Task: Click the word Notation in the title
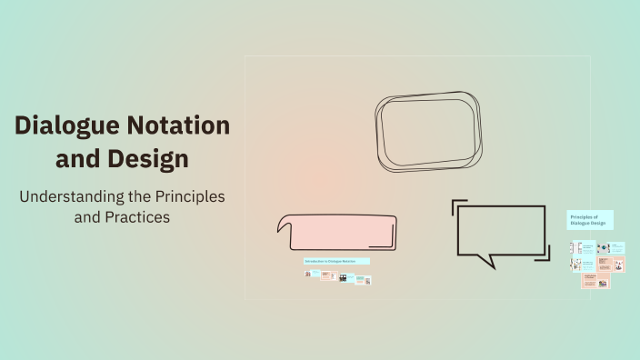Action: click(178, 126)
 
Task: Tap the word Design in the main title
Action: click(147, 158)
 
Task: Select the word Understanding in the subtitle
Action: click(70, 196)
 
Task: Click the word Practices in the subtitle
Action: click(136, 218)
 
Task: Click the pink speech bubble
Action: click(337, 232)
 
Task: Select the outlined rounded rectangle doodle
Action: click(428, 131)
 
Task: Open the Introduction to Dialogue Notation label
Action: click(336, 261)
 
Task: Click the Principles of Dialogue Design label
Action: click(590, 220)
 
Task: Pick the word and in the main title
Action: click(78, 158)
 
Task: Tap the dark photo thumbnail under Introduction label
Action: click(343, 278)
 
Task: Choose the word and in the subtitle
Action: click(89, 218)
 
